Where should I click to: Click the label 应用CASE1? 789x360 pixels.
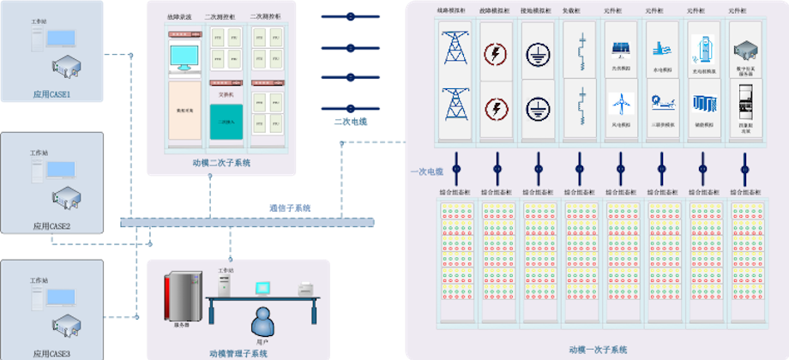[51, 94]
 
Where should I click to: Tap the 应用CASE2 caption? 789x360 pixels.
[51, 226]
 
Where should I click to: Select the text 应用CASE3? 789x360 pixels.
[51, 352]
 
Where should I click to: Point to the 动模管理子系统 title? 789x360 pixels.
[238, 352]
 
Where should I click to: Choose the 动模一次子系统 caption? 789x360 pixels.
[599, 350]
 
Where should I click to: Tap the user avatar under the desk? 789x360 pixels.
[262, 321]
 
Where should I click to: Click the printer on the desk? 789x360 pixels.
[305, 289]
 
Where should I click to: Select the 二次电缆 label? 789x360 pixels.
[351, 123]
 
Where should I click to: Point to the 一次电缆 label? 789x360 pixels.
[426, 171]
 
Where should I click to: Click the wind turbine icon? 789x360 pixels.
[620, 104]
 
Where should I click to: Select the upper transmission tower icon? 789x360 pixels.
[455, 47]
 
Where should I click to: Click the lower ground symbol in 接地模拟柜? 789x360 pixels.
[537, 107]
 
